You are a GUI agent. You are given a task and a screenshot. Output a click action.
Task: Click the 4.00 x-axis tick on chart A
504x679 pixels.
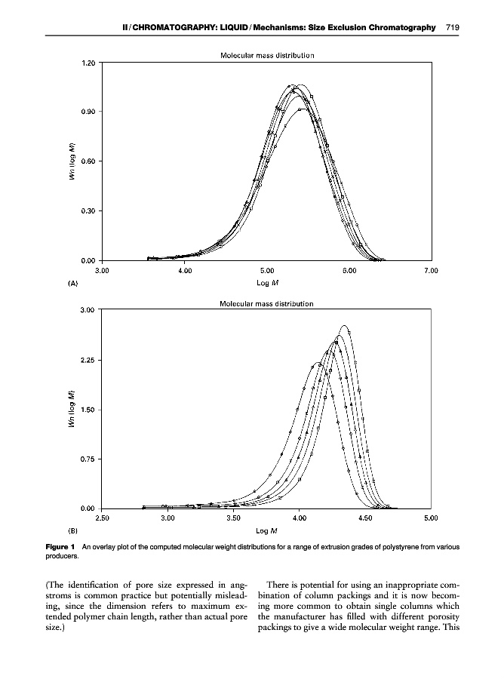(x=184, y=269)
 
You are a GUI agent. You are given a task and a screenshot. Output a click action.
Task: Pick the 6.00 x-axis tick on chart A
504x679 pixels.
(x=348, y=269)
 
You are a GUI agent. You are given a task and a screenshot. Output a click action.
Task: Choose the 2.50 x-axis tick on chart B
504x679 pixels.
(x=103, y=518)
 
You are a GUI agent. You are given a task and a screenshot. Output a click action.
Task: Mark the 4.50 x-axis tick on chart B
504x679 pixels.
(x=364, y=518)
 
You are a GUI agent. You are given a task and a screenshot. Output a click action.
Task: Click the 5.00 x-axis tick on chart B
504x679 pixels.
(x=430, y=518)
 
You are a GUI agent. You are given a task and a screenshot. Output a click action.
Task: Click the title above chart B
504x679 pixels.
(x=266, y=303)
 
